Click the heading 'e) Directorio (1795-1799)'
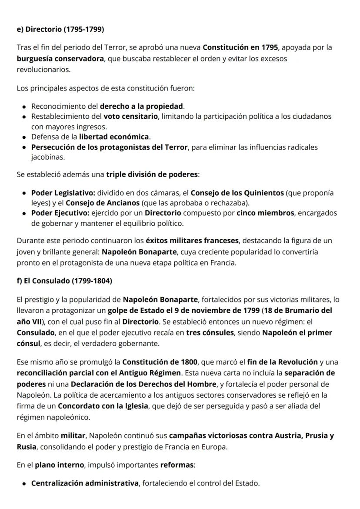(x=60, y=30)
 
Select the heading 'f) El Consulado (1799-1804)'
(x=64, y=281)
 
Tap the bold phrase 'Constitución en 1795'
(x=240, y=47)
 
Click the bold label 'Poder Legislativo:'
(x=63, y=193)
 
